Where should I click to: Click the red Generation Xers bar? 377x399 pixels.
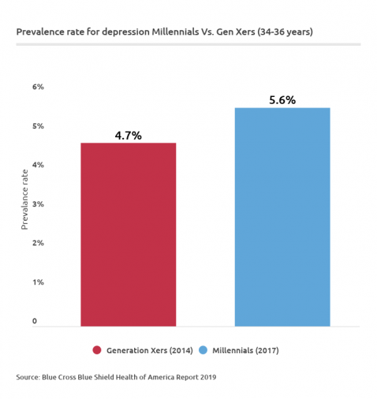click(128, 234)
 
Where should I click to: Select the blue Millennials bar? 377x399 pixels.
click(282, 217)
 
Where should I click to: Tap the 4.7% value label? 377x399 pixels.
click(128, 136)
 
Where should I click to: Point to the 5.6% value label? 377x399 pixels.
click(282, 100)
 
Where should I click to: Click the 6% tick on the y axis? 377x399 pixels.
click(38, 87)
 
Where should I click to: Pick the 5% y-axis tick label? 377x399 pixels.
click(38, 126)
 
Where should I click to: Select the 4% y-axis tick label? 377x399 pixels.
click(38, 165)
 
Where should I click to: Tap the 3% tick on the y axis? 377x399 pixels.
click(38, 204)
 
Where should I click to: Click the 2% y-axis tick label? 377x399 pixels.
click(38, 243)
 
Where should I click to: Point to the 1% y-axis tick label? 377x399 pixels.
click(38, 282)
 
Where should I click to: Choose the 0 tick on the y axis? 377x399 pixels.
click(35, 322)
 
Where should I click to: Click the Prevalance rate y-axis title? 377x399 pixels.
click(24, 199)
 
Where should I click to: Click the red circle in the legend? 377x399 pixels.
click(97, 349)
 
